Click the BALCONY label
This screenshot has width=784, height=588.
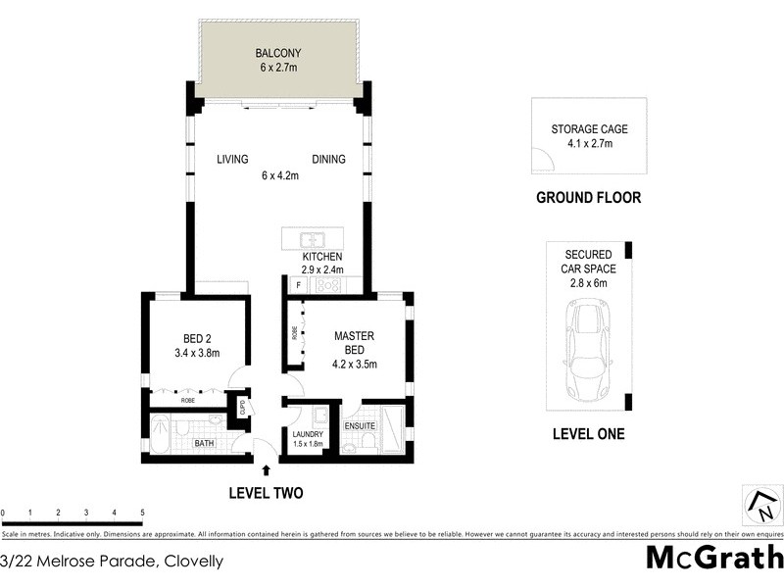click(276, 52)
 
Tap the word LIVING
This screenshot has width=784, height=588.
click(233, 160)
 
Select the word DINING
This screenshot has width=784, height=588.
click(328, 160)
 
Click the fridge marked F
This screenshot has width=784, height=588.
click(298, 285)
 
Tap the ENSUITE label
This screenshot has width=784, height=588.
click(360, 426)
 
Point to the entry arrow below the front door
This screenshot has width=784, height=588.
click(267, 470)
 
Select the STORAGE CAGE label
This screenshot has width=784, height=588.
click(589, 128)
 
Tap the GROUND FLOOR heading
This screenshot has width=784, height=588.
click(588, 198)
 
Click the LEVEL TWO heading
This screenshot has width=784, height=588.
click(267, 493)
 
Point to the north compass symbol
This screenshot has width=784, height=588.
click(760, 507)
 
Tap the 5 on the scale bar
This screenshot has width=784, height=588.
click(142, 513)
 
